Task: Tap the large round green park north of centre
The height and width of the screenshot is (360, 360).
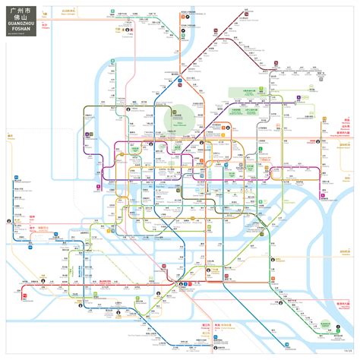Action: pyautogui.click(x=180, y=116)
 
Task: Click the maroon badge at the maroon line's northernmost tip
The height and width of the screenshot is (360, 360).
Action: pyautogui.click(x=247, y=11)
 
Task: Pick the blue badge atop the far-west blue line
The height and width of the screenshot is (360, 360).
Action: pyautogui.click(x=15, y=177)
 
